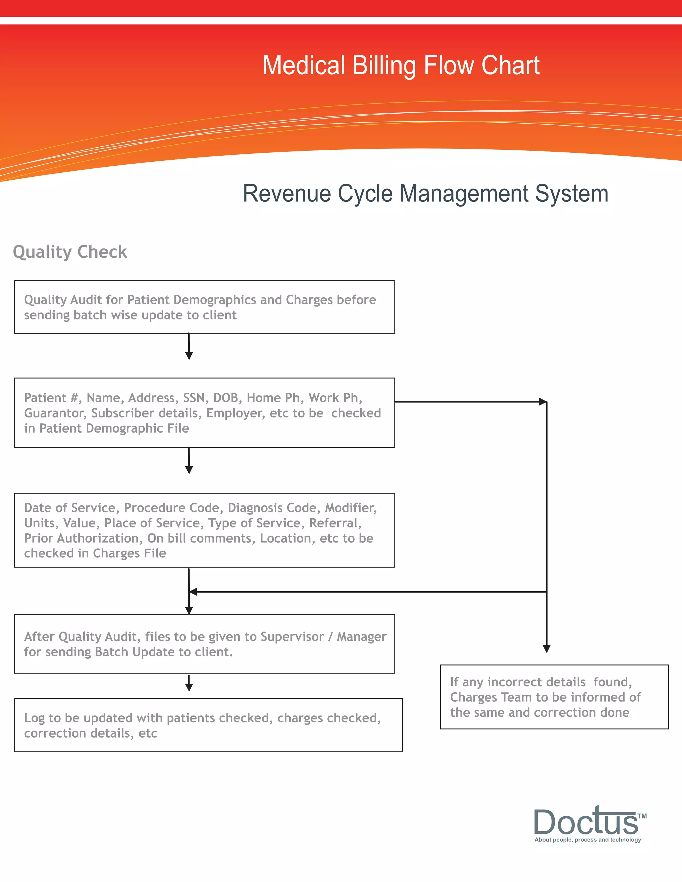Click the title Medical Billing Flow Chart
tap(401, 66)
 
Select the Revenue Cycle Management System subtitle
tap(426, 193)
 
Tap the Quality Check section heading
tap(70, 252)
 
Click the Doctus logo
tap(586, 821)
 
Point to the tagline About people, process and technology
tap(587, 840)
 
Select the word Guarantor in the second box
tap(54, 413)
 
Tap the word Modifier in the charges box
tap(350, 508)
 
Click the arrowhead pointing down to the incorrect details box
tap(547, 649)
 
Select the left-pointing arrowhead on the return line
tap(193, 592)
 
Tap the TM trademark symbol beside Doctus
tap(642, 816)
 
